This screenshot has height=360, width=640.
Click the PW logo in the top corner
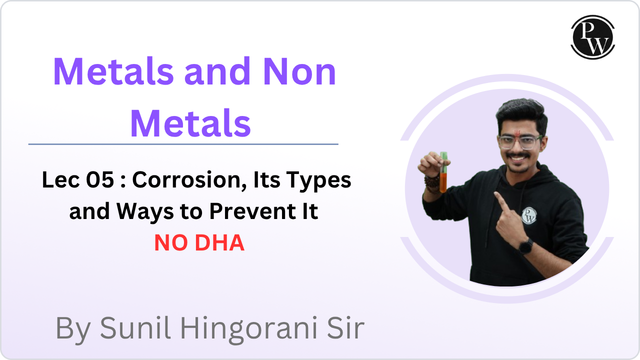click(x=592, y=37)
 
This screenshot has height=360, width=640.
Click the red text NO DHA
click(x=199, y=243)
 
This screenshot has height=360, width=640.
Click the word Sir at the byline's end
click(x=344, y=328)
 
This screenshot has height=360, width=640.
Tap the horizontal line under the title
click(x=183, y=144)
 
